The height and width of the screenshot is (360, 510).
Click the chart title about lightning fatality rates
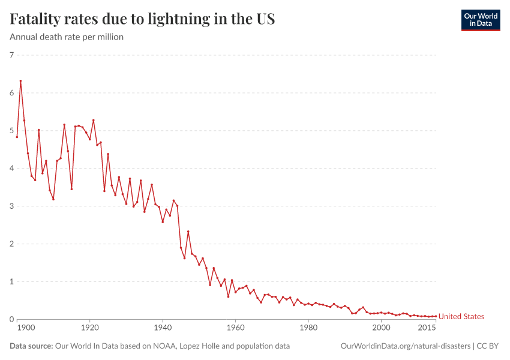click(x=142, y=19)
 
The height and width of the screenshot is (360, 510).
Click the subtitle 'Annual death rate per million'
click(x=67, y=37)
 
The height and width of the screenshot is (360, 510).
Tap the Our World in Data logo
click(x=480, y=20)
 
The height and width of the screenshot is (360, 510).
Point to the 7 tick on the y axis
click(x=11, y=55)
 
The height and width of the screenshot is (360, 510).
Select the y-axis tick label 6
click(x=11, y=93)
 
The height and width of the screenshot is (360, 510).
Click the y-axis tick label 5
click(x=11, y=131)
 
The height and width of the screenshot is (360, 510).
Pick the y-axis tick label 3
click(x=11, y=206)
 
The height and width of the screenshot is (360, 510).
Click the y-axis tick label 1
click(x=11, y=282)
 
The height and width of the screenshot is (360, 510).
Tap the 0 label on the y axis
click(x=11, y=319)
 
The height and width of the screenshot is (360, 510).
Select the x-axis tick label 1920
click(x=90, y=328)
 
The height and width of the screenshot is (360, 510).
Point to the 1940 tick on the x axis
click(x=163, y=328)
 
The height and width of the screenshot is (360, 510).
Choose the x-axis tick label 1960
click(x=235, y=328)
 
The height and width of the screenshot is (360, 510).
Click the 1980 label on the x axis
click(x=308, y=328)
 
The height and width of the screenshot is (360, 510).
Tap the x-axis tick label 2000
click(x=381, y=328)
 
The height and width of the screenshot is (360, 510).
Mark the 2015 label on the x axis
click(x=427, y=328)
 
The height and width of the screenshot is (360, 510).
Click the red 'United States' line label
click(x=461, y=317)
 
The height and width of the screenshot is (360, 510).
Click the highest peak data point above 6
click(x=20, y=81)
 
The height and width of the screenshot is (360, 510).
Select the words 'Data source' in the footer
click(x=31, y=346)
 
